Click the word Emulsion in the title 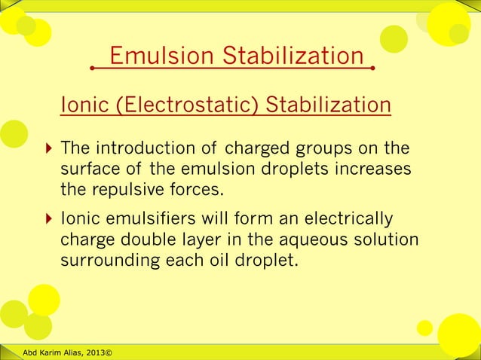(x=156, y=56)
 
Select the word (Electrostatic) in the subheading (x=187, y=104)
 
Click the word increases (x=372, y=167)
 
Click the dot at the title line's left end (x=92, y=69)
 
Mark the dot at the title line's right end (x=373, y=69)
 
